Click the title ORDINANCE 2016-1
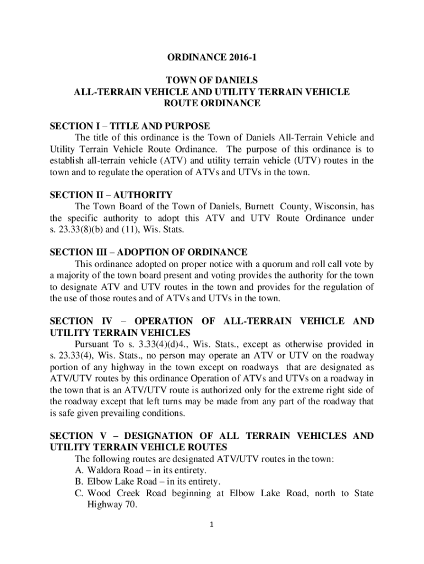click(x=212, y=57)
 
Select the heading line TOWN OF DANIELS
click(x=212, y=80)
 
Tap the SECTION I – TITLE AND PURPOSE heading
click(x=130, y=126)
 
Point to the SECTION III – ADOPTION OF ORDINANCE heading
click(x=149, y=252)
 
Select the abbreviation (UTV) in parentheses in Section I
click(x=316, y=161)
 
